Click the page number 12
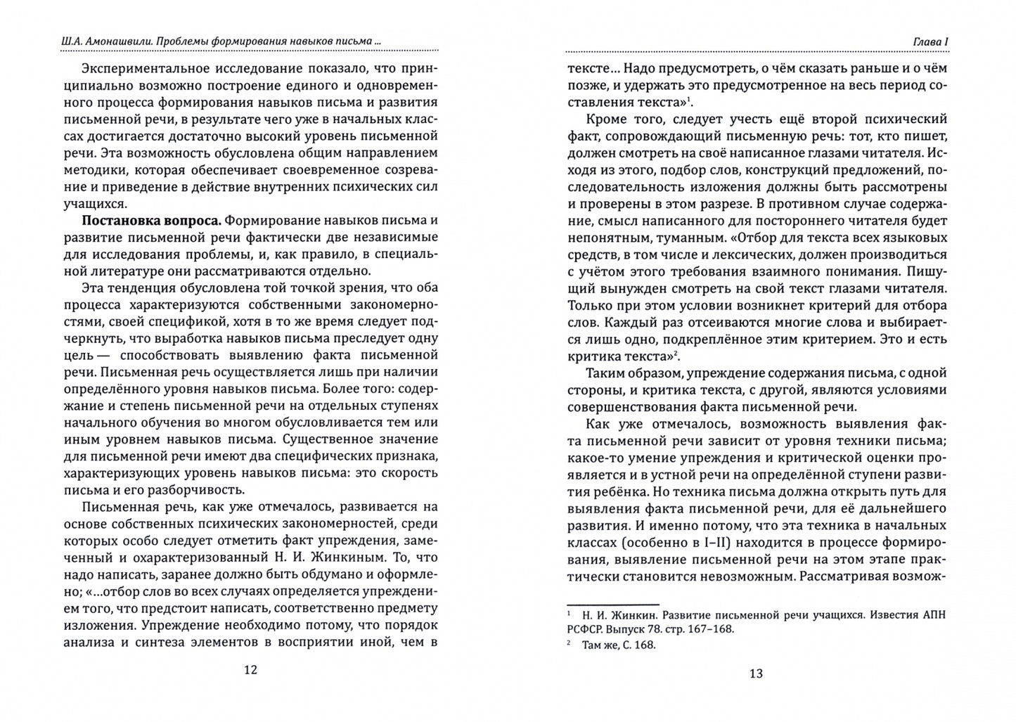click(x=250, y=669)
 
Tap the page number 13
click(x=755, y=673)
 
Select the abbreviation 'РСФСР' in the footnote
click(x=588, y=629)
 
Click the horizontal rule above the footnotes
click(x=612, y=603)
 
